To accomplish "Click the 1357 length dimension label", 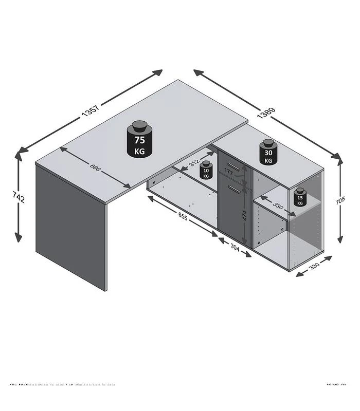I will click(89, 113).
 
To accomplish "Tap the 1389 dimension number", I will click(266, 114).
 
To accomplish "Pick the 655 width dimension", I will click(183, 217).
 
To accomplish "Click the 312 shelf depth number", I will click(194, 163).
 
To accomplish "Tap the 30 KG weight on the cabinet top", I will click(268, 153).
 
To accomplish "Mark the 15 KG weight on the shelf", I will click(300, 197).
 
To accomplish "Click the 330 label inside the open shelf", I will click(278, 206).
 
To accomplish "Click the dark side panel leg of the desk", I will click(71, 226).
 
